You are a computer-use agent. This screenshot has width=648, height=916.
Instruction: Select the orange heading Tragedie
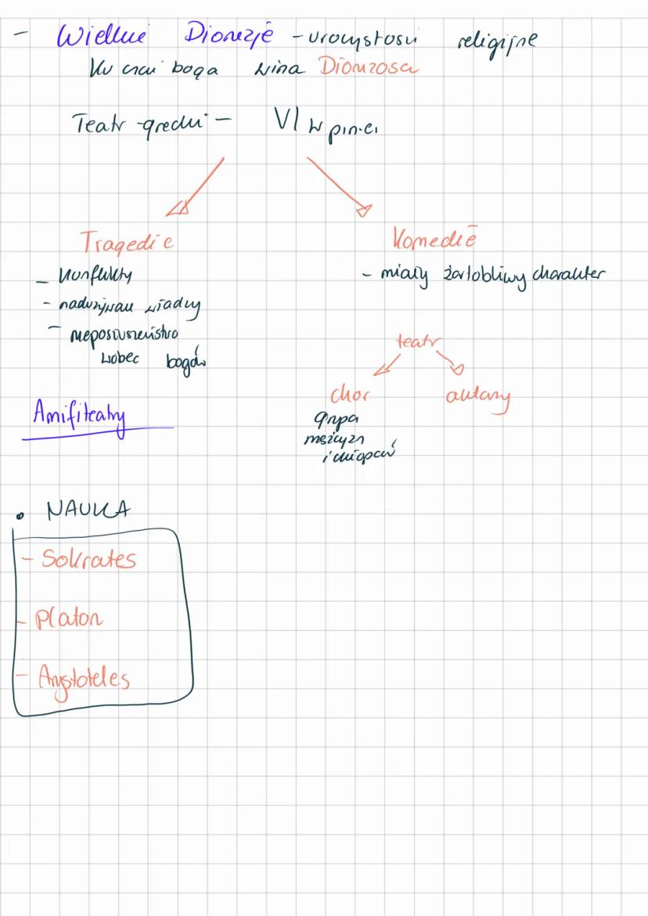(127, 242)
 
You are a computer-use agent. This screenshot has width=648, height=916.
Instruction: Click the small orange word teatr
(419, 341)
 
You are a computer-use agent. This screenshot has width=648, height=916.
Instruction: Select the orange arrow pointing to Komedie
(337, 183)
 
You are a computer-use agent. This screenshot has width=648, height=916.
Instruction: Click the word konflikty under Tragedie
(87, 275)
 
